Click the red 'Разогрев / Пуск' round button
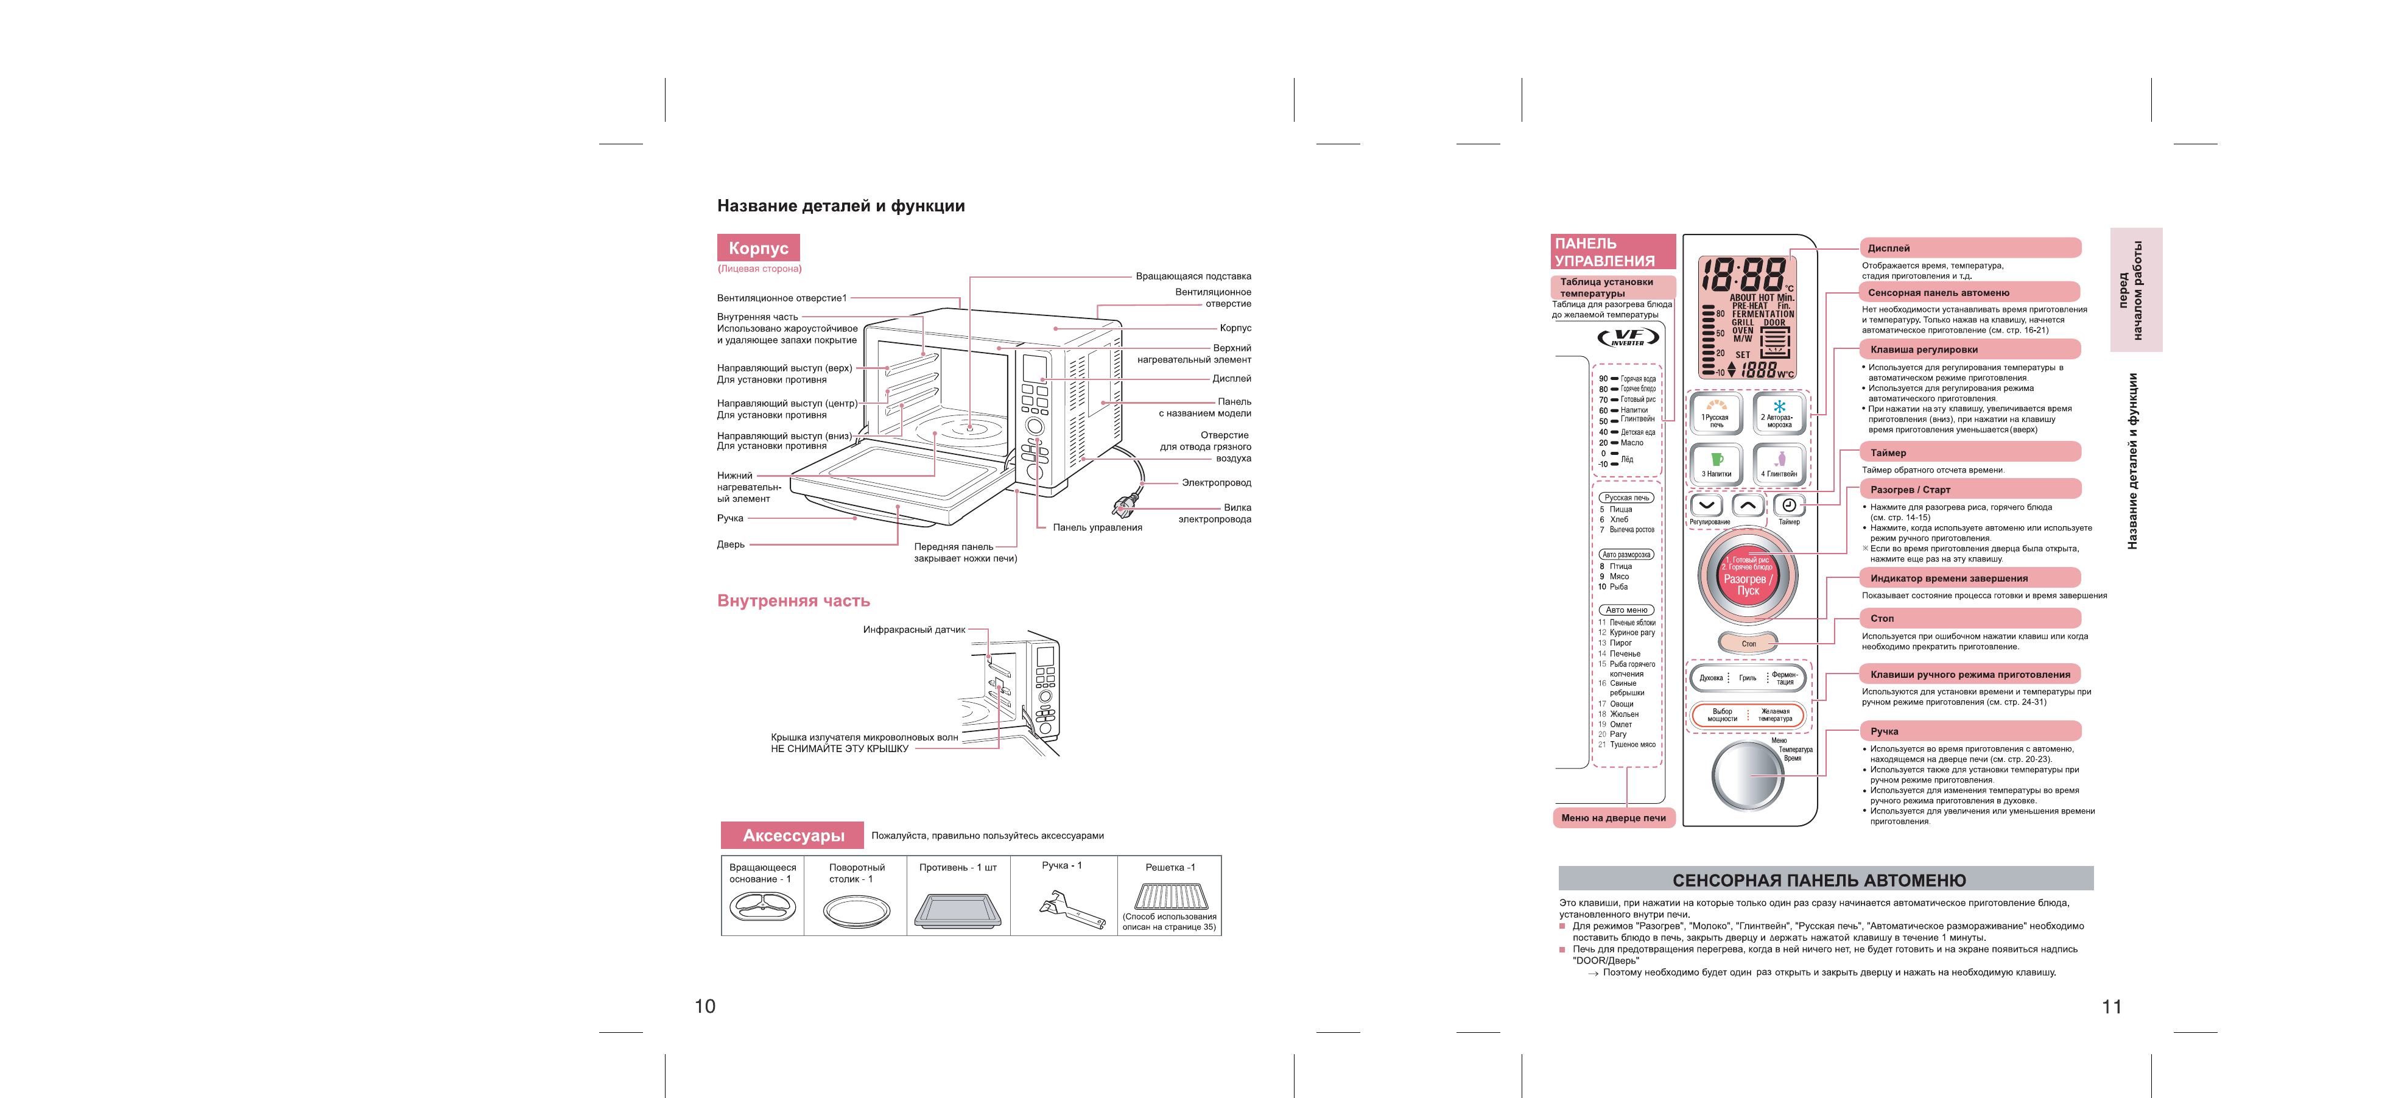[x=1746, y=579]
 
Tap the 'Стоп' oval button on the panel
[x=1748, y=643]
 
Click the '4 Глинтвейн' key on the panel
[x=1779, y=463]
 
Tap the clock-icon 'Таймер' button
[x=1788, y=505]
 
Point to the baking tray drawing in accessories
[x=958, y=910]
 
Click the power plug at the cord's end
[x=1123, y=507]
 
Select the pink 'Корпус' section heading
[x=758, y=248]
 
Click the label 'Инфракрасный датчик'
[x=914, y=630]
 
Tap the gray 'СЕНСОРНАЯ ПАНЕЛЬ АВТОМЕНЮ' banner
[x=1825, y=879]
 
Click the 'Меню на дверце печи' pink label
[x=1613, y=818]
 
